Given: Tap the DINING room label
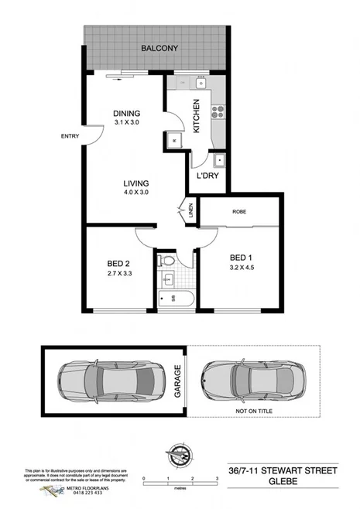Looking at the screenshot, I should click(126, 113).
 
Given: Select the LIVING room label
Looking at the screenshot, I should click(135, 183).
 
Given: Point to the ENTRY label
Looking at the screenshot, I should click(70, 137).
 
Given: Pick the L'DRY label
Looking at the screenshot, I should click(207, 176).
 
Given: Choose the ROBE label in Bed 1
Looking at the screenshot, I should click(239, 211).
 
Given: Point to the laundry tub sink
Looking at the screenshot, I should click(219, 161).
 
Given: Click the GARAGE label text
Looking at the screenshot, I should click(177, 381).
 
